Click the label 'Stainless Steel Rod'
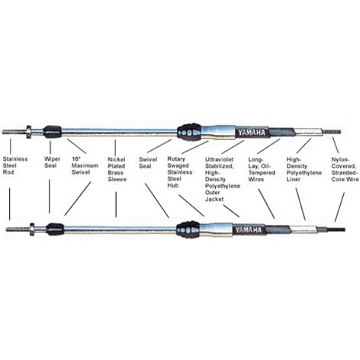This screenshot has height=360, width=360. pyautogui.click(x=15, y=166)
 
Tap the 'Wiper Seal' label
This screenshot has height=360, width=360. pyautogui.click(x=50, y=162)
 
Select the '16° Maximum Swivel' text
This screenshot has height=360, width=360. pyautogui.click(x=85, y=166)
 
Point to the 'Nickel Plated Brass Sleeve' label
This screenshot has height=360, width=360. pyautogui.click(x=117, y=169)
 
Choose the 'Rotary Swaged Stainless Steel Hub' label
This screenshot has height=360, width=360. pyautogui.click(x=180, y=172)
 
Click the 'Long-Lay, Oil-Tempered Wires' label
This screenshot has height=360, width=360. pyautogui.click(x=262, y=169)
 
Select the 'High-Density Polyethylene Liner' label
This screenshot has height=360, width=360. pyautogui.click(x=304, y=169)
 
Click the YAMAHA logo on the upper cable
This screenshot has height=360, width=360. pyautogui.click(x=251, y=133)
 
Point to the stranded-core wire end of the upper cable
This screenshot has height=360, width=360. pyautogui.click(x=331, y=132)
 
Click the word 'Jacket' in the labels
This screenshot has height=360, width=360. pyautogui.click(x=214, y=199)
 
